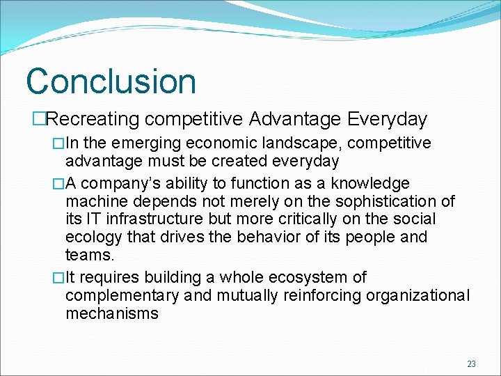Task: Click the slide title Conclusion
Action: point(111,81)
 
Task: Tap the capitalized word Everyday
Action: point(387,120)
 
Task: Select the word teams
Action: point(88,256)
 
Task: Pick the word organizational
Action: point(415,296)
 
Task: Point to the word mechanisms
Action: point(112,314)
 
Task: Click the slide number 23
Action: point(471,363)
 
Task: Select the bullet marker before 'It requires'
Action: point(58,278)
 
